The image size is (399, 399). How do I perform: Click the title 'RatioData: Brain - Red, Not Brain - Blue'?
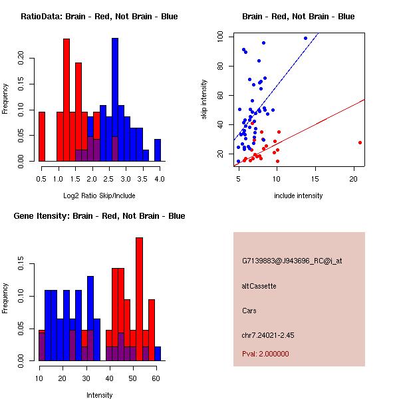click(99, 16)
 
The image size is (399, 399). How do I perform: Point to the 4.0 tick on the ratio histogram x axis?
click(159, 178)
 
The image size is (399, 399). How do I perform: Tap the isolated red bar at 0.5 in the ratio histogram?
click(42, 136)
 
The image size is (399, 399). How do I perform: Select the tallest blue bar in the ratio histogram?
click(115, 100)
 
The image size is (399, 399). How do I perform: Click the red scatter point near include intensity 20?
click(360, 142)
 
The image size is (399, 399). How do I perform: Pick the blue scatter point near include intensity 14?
click(306, 38)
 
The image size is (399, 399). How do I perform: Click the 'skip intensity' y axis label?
click(204, 100)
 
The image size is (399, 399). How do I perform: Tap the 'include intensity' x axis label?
click(299, 196)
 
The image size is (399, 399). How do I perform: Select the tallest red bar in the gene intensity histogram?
click(140, 299)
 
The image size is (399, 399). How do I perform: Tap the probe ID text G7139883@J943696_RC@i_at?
click(292, 261)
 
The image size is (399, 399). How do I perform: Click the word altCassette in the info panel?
click(259, 286)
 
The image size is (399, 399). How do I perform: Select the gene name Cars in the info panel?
click(249, 311)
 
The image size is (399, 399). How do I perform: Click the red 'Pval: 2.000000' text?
click(265, 354)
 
